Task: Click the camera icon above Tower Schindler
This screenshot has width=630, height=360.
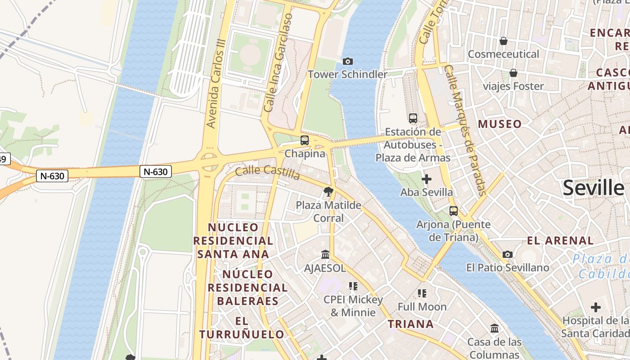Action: (348, 61)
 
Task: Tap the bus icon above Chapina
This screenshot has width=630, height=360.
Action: (305, 140)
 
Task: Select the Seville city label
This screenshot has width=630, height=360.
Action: (593, 188)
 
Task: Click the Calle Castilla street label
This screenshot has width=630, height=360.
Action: (267, 171)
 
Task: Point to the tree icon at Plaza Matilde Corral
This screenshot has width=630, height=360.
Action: (328, 192)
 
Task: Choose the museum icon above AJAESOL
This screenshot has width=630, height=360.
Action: (325, 255)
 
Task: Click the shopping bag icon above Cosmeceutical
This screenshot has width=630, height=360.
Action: (504, 41)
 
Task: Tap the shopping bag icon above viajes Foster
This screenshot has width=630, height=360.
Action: (513, 73)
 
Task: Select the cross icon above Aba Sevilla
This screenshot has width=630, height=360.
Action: (427, 179)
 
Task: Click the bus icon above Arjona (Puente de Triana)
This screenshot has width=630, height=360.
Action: (454, 211)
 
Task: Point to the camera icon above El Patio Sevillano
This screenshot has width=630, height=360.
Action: (508, 255)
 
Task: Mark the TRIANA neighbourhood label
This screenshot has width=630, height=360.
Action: (411, 324)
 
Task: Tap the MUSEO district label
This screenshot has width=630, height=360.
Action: (500, 124)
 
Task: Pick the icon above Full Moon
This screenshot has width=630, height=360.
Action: (422, 293)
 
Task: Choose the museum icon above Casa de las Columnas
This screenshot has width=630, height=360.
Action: (495, 328)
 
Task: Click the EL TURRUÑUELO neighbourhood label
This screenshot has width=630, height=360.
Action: (242, 328)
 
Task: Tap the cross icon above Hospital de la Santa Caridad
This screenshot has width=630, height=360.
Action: (596, 308)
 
